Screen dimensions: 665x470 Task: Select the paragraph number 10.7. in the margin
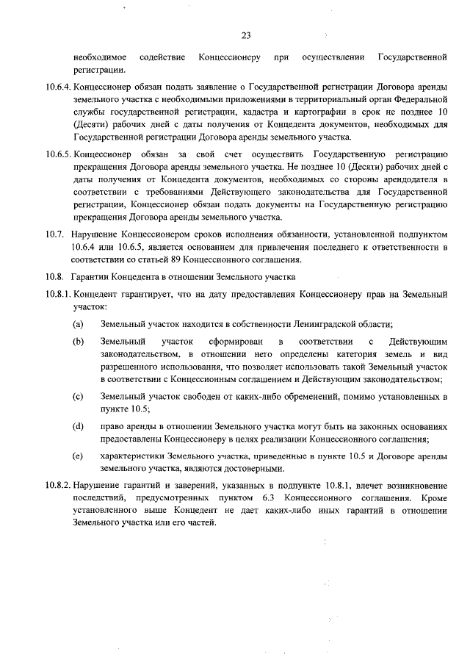pyautogui.click(x=54, y=234)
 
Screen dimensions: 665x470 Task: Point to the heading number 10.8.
pyautogui.click(x=54, y=277)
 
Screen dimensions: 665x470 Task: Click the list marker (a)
pyautogui.click(x=77, y=324)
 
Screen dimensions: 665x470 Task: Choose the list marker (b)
pyautogui.click(x=77, y=342)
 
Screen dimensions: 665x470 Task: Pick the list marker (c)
pyautogui.click(x=77, y=398)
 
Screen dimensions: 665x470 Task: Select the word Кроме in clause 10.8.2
pyautogui.click(x=434, y=499)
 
